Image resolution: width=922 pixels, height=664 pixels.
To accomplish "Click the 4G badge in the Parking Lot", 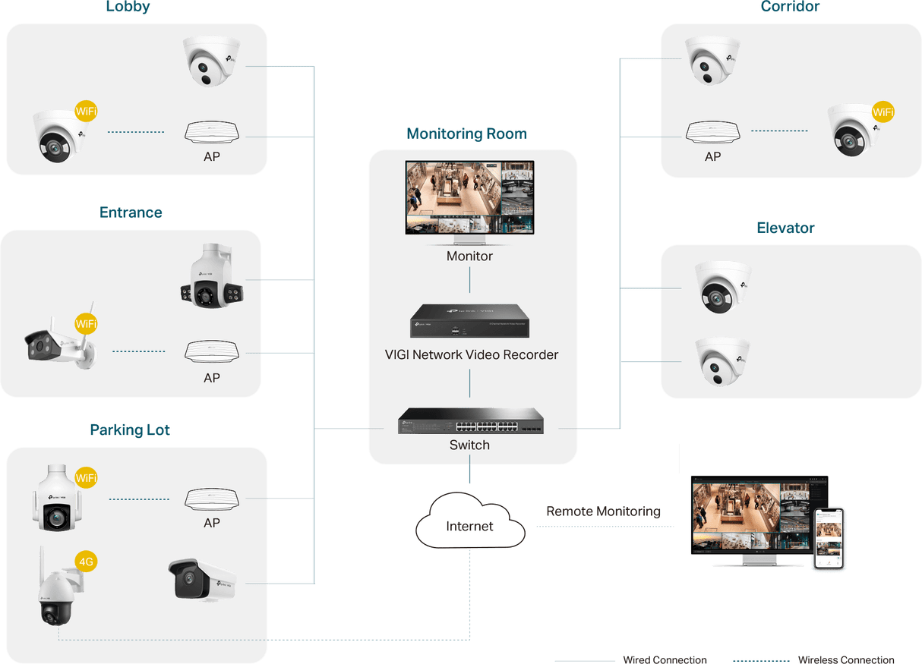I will click(x=87, y=562).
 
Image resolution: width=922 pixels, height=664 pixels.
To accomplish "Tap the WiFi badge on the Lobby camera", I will click(x=86, y=112).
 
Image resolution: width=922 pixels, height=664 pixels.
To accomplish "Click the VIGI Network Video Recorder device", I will click(x=469, y=321).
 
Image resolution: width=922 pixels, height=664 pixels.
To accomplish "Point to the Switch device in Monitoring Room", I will click(x=469, y=421).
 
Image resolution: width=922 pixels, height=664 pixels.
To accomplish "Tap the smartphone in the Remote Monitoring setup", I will click(x=829, y=538).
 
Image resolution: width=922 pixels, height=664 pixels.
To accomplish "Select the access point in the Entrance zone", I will click(x=212, y=351).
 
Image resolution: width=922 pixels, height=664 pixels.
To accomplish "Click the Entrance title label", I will click(x=131, y=212).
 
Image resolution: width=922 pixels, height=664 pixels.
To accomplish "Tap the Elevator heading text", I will click(x=786, y=228).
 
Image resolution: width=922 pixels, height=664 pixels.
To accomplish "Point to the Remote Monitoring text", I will click(x=603, y=511).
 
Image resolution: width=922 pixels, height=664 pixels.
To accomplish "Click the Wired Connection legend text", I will click(x=665, y=659).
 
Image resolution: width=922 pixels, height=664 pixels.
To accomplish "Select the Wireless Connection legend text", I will click(x=846, y=659).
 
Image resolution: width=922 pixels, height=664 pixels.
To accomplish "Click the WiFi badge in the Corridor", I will click(x=883, y=112).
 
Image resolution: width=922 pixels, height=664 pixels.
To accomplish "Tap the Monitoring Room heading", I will click(x=466, y=134).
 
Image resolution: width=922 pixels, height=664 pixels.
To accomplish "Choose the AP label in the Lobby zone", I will click(x=212, y=158).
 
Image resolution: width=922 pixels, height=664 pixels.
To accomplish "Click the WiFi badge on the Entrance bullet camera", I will click(x=86, y=324).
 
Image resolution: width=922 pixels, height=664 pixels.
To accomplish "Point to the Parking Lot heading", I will click(x=130, y=430).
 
